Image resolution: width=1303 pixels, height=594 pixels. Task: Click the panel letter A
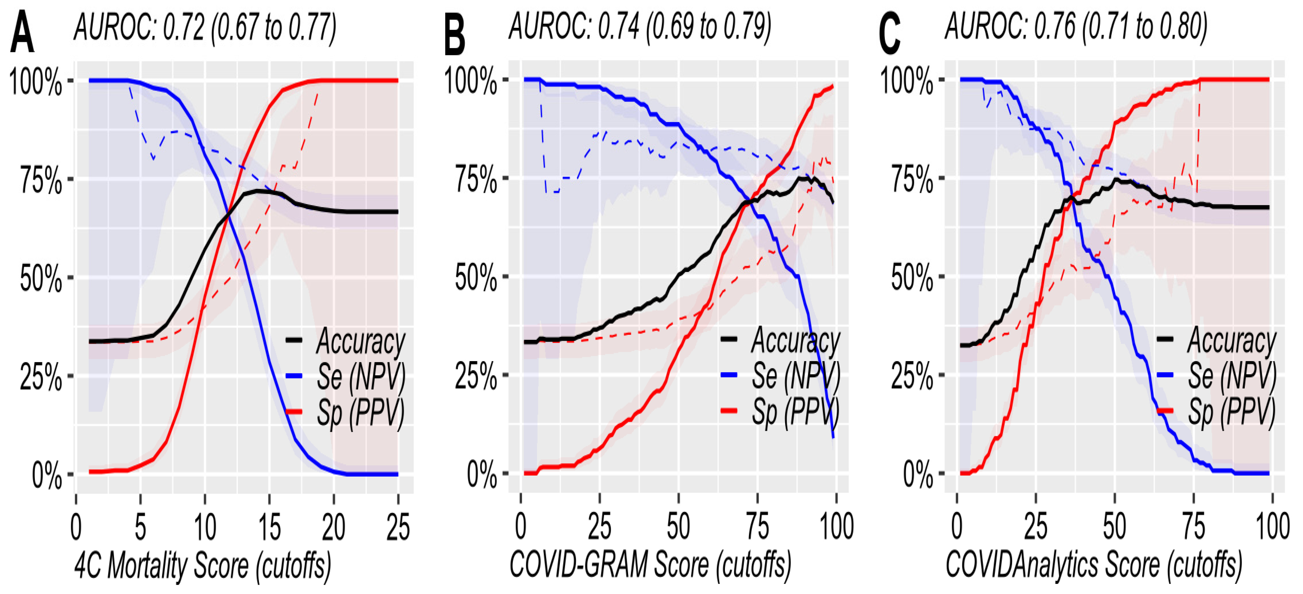22,33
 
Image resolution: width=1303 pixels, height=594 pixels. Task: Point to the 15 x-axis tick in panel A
269,527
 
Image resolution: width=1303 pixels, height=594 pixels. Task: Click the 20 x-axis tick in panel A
334,527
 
